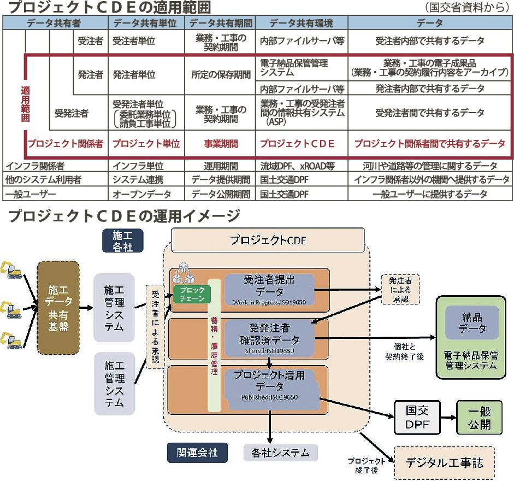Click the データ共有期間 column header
click(221, 24)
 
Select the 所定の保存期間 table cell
click(221, 75)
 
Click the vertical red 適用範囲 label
click(25, 104)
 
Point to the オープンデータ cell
click(141, 194)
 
